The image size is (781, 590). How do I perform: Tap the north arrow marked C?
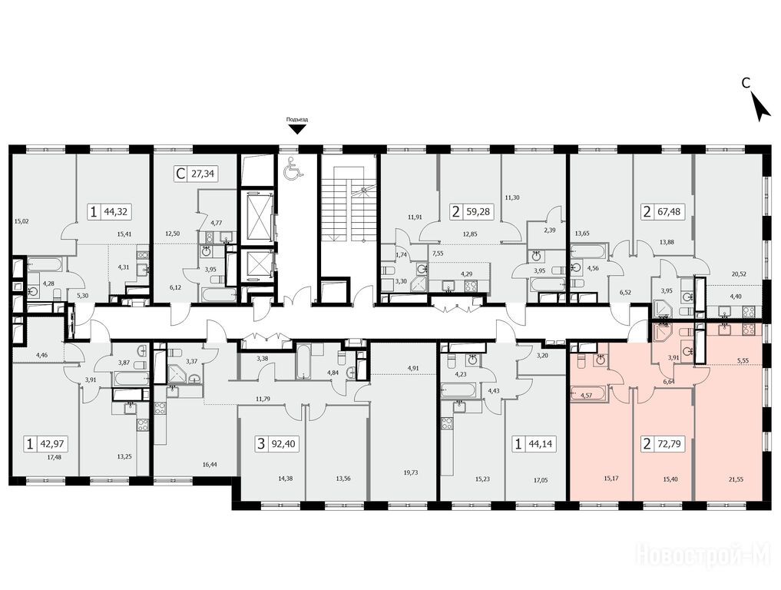tap(760, 108)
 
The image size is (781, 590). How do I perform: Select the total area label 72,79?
tap(668, 443)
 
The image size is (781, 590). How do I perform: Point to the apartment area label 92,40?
tap(284, 443)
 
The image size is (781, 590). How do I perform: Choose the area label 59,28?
tap(478, 212)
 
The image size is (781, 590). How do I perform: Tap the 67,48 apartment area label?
tap(668, 212)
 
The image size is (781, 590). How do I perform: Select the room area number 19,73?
tap(410, 472)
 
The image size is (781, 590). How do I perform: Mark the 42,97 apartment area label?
tap(53, 443)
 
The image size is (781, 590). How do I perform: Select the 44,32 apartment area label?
tap(115, 212)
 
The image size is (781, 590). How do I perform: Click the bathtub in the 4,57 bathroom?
tap(589, 394)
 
